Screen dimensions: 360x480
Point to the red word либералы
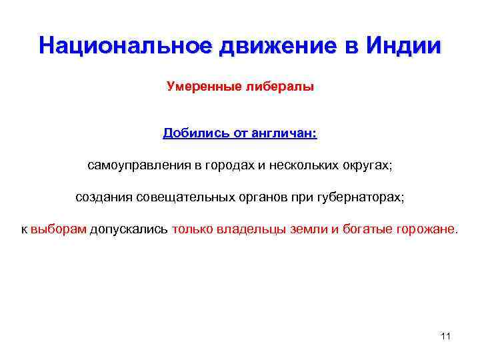coord(277,87)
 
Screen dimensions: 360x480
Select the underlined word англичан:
coord(285,133)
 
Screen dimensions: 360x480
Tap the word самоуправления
coord(138,165)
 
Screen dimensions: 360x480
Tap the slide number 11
coord(446,336)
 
